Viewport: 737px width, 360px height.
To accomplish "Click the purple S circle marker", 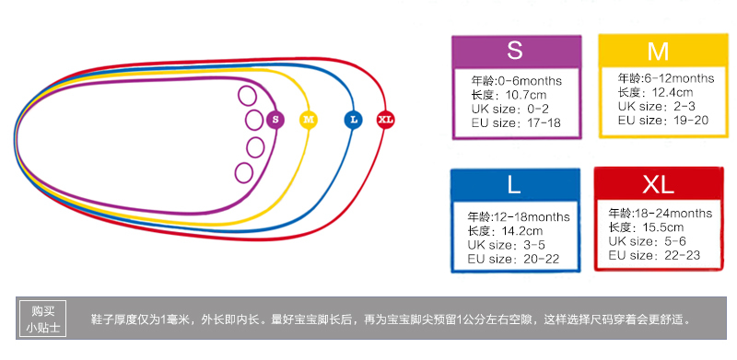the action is coord(275,120).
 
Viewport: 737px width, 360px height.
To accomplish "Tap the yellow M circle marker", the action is coord(309,120).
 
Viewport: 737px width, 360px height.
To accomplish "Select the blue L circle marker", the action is coord(353,120).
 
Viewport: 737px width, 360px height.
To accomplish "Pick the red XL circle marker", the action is coord(385,120).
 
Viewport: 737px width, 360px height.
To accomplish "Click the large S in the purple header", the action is coord(515,51).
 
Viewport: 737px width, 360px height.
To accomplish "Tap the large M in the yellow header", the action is coord(658,52).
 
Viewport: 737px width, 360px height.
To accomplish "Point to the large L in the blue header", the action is coord(514,185).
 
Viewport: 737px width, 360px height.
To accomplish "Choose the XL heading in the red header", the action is coord(658,185).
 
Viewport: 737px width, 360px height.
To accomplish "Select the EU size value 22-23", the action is coord(682,255).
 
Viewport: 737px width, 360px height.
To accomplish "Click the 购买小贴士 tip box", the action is coord(42,319).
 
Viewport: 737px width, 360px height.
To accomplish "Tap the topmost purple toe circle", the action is coord(247,96).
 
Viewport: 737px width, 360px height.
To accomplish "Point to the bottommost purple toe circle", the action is coord(244,173).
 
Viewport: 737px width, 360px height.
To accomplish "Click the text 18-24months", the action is coord(673,214).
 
